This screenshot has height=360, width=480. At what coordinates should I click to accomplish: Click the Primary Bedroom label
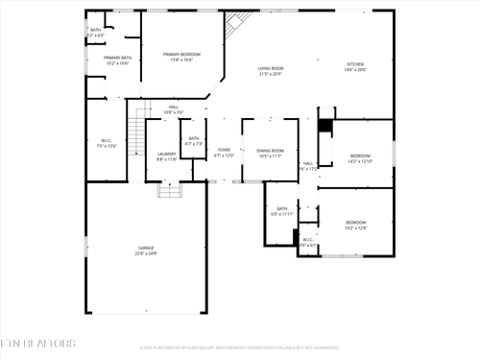(182, 58)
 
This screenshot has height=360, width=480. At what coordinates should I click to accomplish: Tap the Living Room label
(270, 71)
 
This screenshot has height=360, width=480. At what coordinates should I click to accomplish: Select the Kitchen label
(355, 67)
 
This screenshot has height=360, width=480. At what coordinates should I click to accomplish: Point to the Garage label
(145, 251)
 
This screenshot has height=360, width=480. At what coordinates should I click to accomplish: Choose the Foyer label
(224, 153)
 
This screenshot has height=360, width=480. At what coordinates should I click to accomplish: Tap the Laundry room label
(166, 156)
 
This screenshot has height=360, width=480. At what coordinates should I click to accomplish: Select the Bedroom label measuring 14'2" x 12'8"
(356, 225)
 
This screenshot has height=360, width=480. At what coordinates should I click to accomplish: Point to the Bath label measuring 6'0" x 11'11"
(282, 211)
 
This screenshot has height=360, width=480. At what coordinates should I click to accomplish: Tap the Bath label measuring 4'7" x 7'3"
(194, 141)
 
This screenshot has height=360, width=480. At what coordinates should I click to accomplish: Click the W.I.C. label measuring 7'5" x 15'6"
(106, 144)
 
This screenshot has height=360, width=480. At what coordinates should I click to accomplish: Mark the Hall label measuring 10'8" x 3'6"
(174, 108)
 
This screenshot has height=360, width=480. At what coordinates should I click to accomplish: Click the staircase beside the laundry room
(140, 125)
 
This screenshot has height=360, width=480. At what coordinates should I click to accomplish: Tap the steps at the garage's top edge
(170, 190)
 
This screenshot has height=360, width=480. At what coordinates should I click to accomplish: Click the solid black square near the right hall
(325, 126)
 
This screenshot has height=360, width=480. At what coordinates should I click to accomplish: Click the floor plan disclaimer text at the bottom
(240, 348)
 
